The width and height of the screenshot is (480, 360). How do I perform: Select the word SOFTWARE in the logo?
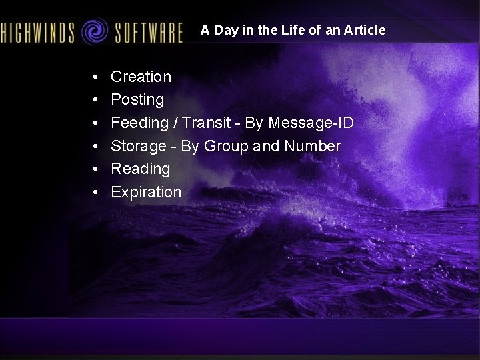coord(148,31)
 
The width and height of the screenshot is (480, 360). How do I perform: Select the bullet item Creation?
coord(141,77)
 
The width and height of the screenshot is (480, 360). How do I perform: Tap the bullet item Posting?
coord(137,100)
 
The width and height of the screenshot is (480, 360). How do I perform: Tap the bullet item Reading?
coord(140,169)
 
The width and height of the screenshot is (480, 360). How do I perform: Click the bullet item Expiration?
coord(146,193)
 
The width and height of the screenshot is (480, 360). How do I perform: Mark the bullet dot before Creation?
coord(97,77)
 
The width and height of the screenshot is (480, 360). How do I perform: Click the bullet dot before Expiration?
coord(97,193)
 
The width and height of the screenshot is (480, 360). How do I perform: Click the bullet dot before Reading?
coord(97,169)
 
